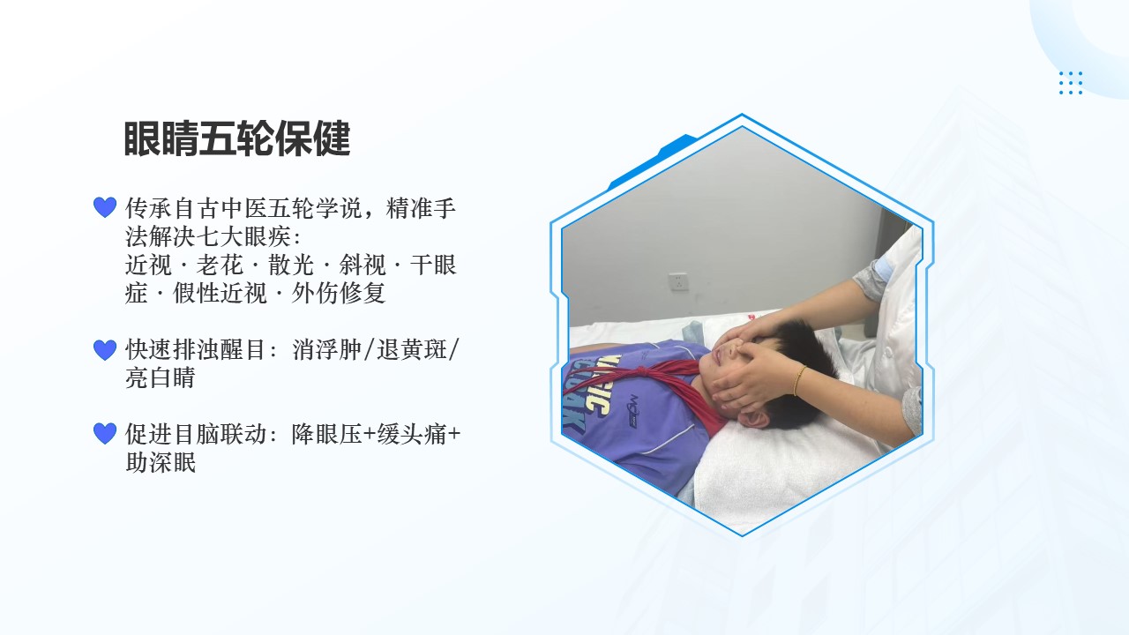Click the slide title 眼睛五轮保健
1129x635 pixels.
coord(237,138)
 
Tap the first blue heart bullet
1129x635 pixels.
coord(105,207)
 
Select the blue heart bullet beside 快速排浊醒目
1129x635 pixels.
coord(105,350)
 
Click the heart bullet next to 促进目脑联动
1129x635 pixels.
coord(105,433)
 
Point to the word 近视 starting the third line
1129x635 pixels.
coord(149,265)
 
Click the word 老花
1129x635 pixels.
coord(221,265)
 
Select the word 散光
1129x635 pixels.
coord(291,265)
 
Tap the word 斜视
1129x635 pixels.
coord(363,265)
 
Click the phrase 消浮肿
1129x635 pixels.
coord(327,350)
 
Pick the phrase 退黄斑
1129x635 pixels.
coord(412,350)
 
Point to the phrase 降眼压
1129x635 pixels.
coord(327,434)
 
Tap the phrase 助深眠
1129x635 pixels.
coord(161,462)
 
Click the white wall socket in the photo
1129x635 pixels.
coord(678,281)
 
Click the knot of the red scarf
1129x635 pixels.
coord(643,373)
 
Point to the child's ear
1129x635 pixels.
coord(754,418)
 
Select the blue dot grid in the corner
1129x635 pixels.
coord(1071,83)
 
